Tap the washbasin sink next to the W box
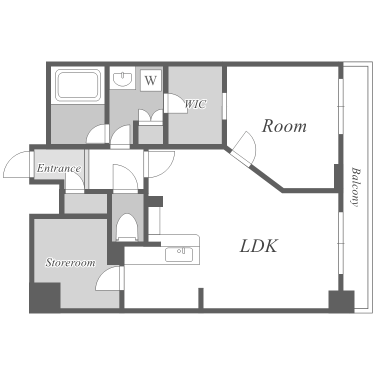pos(122,79)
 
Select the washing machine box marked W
pos(150,80)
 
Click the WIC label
pos(195,104)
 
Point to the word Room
pos(284,126)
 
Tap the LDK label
pos(258,246)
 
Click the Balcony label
pos(356,187)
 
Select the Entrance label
pos(59,168)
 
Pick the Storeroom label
pos(70,262)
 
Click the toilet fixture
pos(127,227)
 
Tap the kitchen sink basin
pos(179,254)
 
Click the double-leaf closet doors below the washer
pos(150,116)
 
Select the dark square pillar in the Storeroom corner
pos(44,298)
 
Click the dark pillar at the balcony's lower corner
pos(341,301)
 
